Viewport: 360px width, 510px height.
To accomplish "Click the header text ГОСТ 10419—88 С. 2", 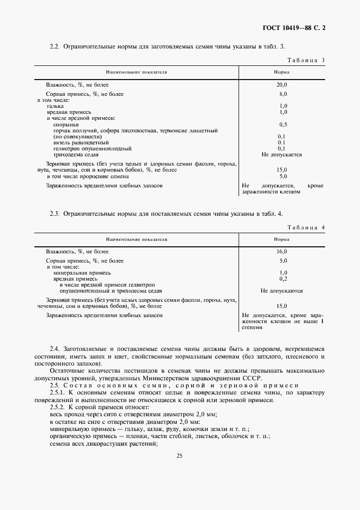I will tap(298, 27).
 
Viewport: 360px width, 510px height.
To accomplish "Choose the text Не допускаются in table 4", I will tap(282, 291).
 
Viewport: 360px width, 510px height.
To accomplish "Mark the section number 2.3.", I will tap(54, 214).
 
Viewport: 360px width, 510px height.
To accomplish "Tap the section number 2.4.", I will tap(54, 349).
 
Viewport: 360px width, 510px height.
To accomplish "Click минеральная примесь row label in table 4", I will tap(82, 272).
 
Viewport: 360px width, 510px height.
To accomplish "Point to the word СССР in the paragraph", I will tap(252, 378).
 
